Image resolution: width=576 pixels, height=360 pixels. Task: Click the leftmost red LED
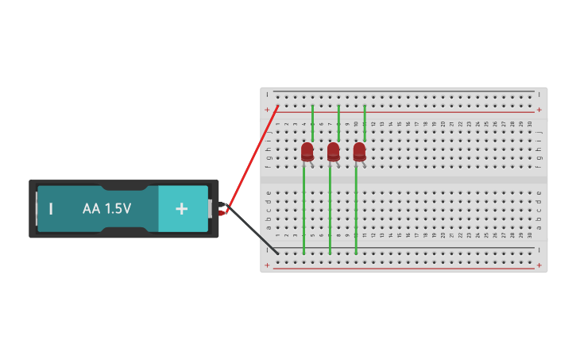(307, 151)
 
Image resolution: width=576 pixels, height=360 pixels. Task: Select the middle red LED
(333, 151)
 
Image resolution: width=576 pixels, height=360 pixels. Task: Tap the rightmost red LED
(359, 151)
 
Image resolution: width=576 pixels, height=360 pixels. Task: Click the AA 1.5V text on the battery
(106, 209)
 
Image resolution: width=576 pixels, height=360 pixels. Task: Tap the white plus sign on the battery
(182, 209)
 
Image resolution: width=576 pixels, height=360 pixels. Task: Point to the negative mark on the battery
(51, 209)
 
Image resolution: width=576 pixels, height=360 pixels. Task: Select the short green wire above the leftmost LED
(312, 122)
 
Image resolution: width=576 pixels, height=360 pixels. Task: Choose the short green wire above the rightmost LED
(365, 122)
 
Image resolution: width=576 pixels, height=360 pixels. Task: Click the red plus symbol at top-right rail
(539, 110)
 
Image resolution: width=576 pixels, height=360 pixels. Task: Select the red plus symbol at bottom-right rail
(539, 265)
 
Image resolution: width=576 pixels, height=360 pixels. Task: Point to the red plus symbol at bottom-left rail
(268, 265)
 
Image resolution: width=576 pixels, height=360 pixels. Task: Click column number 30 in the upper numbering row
(530, 124)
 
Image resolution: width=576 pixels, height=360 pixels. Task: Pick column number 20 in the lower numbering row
(443, 236)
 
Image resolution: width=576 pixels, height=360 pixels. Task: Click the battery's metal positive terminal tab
(211, 209)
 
